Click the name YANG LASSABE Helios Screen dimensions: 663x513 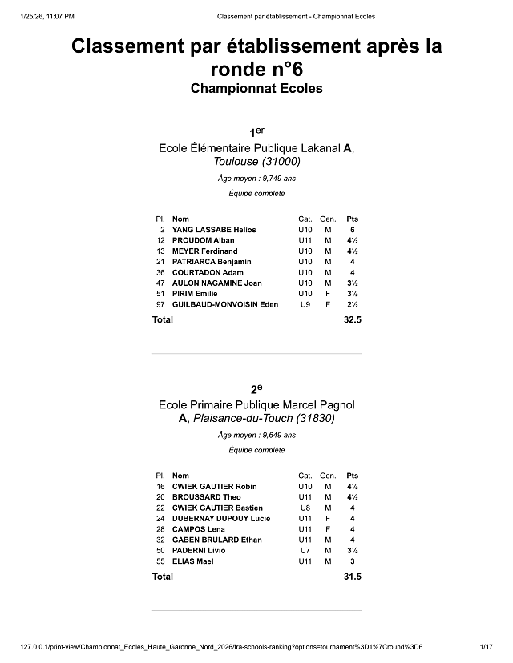[x=214, y=230]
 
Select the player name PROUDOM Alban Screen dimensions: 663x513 [x=203, y=240]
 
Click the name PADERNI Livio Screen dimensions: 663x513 [x=199, y=551]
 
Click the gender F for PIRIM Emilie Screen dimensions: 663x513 [x=328, y=294]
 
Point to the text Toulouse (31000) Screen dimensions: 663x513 [x=256, y=162]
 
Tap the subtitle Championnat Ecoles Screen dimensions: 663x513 [x=256, y=88]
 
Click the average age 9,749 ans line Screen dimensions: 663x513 [x=256, y=179]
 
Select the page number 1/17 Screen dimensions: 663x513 [x=485, y=646]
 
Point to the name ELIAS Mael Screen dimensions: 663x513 [x=193, y=561]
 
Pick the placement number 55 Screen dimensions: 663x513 [x=160, y=561]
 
